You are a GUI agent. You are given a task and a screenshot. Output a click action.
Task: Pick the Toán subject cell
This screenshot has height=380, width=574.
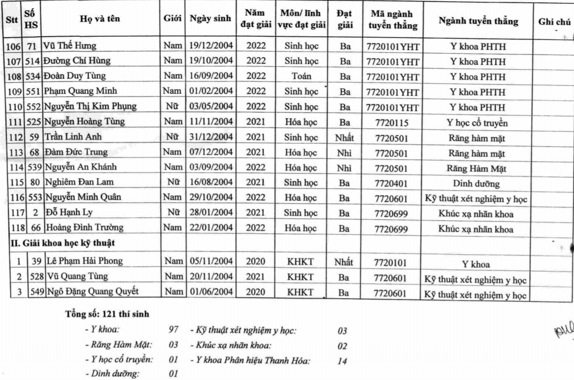pyautogui.click(x=301, y=76)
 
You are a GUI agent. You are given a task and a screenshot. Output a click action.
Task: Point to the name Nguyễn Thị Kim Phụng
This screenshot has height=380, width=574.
pyautogui.click(x=91, y=107)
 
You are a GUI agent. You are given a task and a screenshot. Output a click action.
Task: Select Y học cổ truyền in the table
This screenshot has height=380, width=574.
pyautogui.click(x=476, y=123)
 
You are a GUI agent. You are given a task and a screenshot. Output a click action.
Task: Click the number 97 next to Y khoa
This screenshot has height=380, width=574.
pyautogui.click(x=174, y=329)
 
